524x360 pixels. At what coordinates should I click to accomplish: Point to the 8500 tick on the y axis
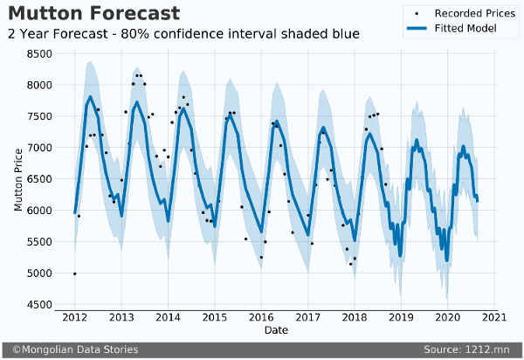(38, 53)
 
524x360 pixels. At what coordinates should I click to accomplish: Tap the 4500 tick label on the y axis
(38, 305)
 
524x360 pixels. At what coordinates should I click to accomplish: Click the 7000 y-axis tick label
(38, 148)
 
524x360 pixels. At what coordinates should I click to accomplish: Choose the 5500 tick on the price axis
(38, 242)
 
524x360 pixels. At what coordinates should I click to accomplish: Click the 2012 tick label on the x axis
(74, 317)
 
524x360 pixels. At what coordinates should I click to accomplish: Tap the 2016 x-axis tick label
(261, 317)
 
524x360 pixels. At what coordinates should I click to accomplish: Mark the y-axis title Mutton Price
(17, 179)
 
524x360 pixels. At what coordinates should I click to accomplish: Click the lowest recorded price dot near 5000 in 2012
(74, 273)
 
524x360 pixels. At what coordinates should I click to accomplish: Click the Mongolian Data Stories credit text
(74, 350)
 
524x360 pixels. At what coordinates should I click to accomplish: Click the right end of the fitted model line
(478, 201)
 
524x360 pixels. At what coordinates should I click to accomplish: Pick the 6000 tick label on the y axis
(38, 211)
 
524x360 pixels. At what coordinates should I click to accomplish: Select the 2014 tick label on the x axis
(168, 317)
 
